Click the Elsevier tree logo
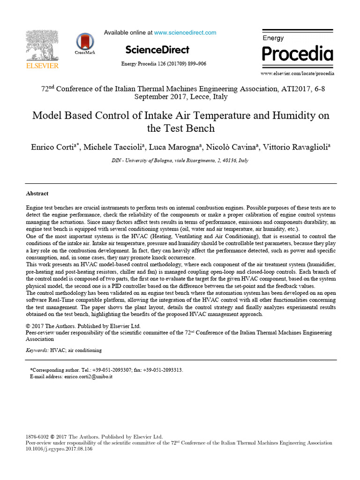pos(42,45)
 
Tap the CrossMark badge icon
pos(85,42)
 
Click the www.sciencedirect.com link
pos(185,33)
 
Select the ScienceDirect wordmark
pos(157,50)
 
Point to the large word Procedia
pos(297,54)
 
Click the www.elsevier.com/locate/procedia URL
pos(297,74)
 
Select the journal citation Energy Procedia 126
pos(164,64)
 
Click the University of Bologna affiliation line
pos(180,160)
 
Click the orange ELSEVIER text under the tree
pos(42,66)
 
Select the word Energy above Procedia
pos(274,37)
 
